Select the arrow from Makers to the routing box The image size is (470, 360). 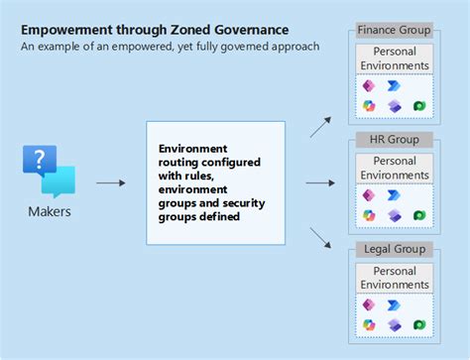[110, 183]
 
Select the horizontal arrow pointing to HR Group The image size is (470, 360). [319, 183]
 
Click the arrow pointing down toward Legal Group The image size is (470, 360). [320, 239]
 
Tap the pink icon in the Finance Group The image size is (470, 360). [369, 86]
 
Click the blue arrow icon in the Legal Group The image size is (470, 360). [395, 304]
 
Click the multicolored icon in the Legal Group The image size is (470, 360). [369, 324]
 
